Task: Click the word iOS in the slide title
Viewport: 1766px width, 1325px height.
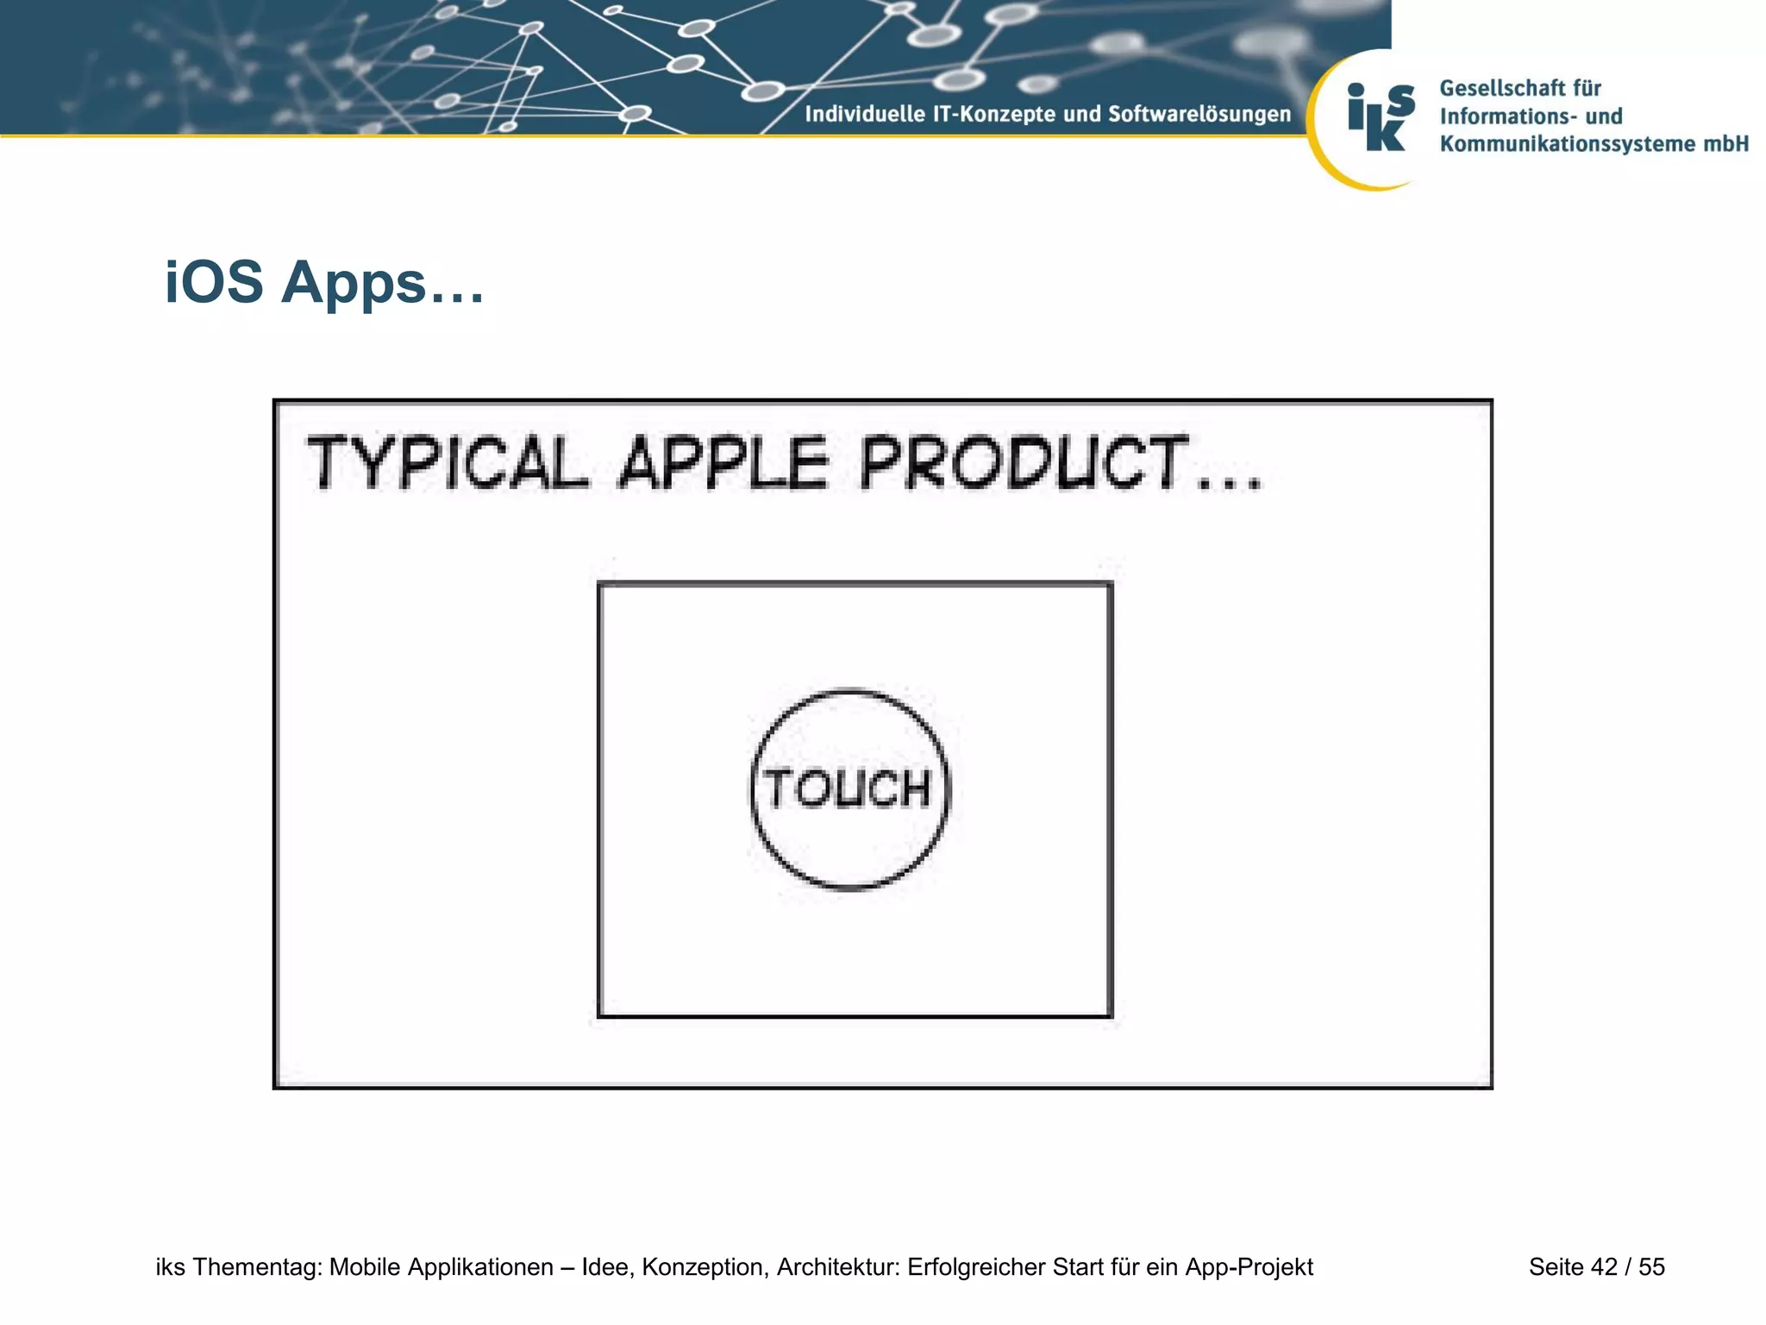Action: tap(214, 283)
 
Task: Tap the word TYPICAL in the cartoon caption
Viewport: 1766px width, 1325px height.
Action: tap(448, 463)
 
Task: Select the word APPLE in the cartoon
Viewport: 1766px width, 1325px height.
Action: tap(723, 463)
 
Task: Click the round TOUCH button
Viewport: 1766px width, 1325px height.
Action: tap(850, 789)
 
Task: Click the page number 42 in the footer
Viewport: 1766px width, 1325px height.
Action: tap(1604, 1267)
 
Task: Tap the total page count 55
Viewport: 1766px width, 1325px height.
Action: tap(1651, 1267)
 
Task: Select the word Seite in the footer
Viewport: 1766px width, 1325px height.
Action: tap(1556, 1267)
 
